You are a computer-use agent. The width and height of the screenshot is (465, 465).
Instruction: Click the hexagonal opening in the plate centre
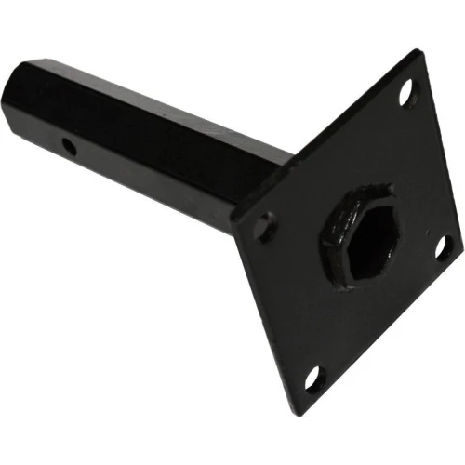point(354,232)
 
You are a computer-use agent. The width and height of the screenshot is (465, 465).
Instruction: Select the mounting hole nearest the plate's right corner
point(443,246)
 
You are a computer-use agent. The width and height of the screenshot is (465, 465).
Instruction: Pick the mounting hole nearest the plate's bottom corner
point(312,377)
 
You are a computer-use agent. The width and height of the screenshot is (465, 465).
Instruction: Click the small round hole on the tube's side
point(67,146)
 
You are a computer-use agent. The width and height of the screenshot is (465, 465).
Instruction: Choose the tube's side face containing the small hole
point(139,172)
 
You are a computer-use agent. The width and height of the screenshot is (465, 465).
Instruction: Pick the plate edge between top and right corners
point(438,149)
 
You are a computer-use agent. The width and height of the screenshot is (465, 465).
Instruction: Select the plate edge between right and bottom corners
point(381,322)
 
